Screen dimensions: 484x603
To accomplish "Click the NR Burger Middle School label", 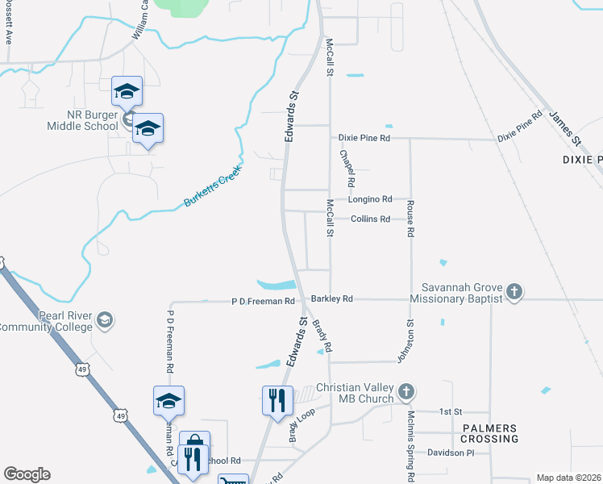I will coord(83,120).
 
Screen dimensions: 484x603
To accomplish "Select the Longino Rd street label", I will coord(370,198).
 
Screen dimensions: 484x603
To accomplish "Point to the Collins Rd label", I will coord(370,219).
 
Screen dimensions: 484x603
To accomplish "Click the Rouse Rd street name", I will coord(410,219).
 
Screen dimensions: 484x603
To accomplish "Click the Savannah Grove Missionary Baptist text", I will coord(456,293).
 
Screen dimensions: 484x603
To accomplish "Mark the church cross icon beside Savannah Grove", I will coord(514,291).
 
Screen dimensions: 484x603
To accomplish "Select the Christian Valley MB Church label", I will coord(355,393).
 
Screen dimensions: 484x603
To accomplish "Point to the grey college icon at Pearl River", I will coord(104,322).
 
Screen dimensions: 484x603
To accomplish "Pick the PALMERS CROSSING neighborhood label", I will coord(489,433).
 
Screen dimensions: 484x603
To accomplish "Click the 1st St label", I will coord(450,411).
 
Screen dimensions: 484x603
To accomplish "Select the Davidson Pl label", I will coord(451,453).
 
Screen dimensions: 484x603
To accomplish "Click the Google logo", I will coord(27,474).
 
